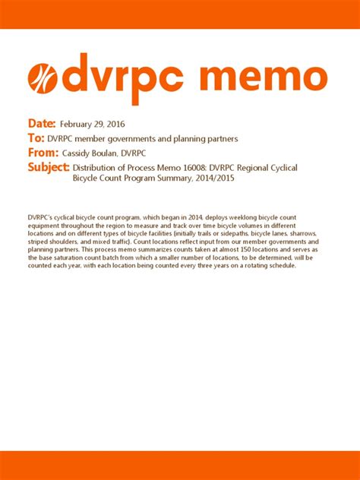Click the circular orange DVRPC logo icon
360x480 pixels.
[x=43, y=79]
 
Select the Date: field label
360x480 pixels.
[x=42, y=123]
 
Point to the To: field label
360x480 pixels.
[x=35, y=139]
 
